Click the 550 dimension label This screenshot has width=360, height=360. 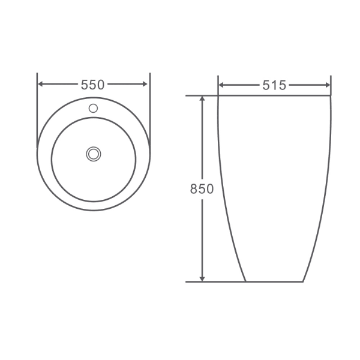tap(93, 85)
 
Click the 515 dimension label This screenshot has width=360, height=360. tap(274, 85)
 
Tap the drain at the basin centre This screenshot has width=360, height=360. tap(93, 153)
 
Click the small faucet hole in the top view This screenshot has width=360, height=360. tap(93, 109)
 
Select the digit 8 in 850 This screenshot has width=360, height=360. tap(194, 188)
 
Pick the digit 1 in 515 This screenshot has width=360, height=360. tap(274, 85)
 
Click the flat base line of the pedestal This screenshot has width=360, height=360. tap(274, 281)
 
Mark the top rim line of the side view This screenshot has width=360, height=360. tap(274, 95)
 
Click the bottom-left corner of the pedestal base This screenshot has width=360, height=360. tap(246, 281)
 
